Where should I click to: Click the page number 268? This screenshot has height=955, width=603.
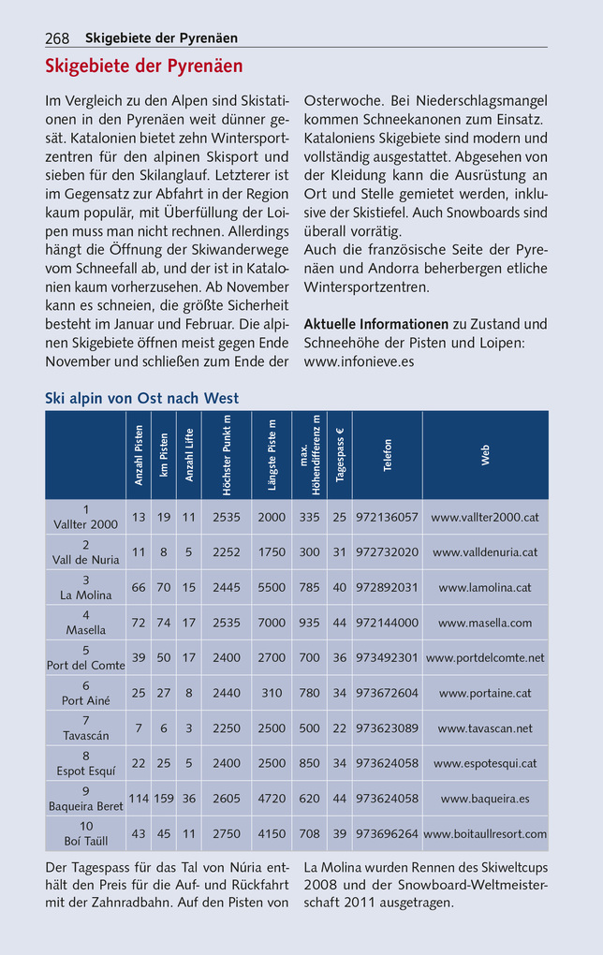(x=57, y=38)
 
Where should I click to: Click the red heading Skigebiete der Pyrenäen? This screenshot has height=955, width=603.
(x=143, y=66)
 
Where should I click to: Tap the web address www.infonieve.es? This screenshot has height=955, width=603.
(x=359, y=360)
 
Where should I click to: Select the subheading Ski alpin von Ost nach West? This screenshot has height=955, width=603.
(x=141, y=398)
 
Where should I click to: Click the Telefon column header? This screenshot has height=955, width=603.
(x=387, y=454)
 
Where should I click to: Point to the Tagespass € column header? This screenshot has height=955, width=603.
(x=339, y=454)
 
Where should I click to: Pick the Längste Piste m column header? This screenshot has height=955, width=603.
(x=272, y=454)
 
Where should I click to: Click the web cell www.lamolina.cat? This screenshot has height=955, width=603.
(x=484, y=587)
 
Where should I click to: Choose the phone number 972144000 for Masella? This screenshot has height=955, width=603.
(x=387, y=623)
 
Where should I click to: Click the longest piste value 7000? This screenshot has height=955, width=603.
(x=272, y=623)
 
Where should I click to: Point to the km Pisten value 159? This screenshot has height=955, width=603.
(x=163, y=799)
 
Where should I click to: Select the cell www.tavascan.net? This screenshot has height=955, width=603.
(x=484, y=727)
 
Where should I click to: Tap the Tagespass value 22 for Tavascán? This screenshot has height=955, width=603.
(x=339, y=727)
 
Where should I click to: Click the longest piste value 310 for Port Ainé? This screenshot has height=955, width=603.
(x=272, y=693)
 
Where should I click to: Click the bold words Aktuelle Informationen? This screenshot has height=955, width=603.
(x=375, y=324)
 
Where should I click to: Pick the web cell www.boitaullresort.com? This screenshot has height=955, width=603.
(x=484, y=833)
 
